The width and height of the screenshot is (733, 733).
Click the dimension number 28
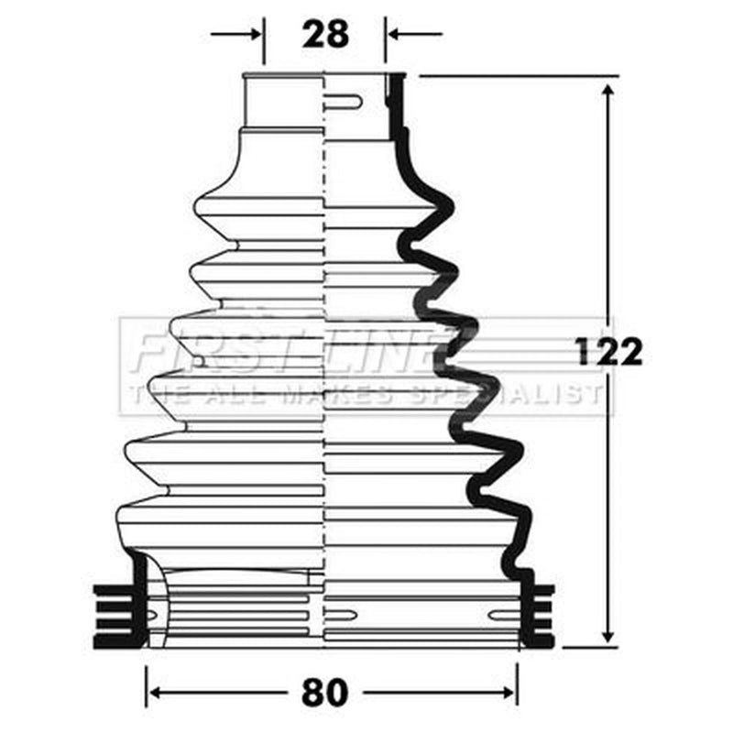(325, 34)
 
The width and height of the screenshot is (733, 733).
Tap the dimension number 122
(609, 351)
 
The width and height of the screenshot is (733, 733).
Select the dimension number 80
(325, 693)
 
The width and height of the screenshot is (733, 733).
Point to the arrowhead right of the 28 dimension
(394, 34)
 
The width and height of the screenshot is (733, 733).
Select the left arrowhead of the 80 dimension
(155, 693)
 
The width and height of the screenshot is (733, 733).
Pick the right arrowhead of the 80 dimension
(509, 693)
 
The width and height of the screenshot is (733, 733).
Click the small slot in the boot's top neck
(344, 102)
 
